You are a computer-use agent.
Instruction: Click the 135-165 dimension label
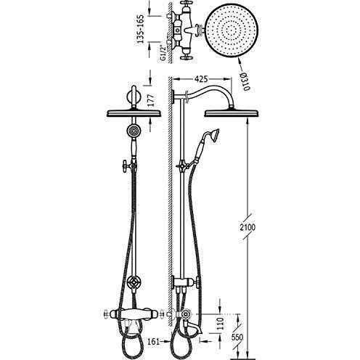point(140,29)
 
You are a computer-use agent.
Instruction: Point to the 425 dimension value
point(201,79)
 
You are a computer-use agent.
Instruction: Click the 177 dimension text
point(150,100)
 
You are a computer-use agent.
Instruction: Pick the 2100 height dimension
point(247,227)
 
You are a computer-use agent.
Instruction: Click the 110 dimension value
point(220,324)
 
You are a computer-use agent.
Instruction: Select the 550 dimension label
point(237,337)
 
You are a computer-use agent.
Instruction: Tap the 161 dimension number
point(154,341)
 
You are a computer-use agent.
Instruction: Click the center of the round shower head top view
point(232,30)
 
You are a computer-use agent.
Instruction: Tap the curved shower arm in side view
point(213,88)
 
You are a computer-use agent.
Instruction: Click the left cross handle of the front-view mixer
point(107,314)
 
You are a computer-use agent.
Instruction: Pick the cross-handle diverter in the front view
point(134,282)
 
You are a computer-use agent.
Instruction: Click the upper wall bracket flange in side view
point(173,97)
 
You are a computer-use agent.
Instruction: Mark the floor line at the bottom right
point(242,359)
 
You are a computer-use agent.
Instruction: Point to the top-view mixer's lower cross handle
point(186,57)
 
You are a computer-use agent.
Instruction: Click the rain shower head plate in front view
point(134,113)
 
